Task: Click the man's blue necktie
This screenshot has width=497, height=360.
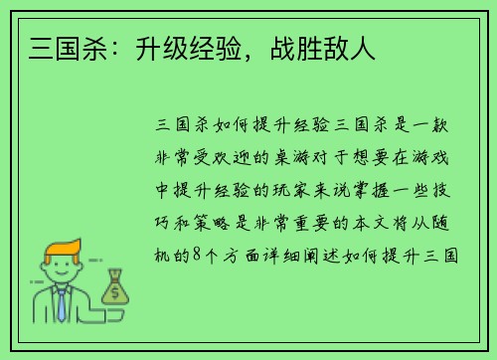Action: point(62,303)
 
